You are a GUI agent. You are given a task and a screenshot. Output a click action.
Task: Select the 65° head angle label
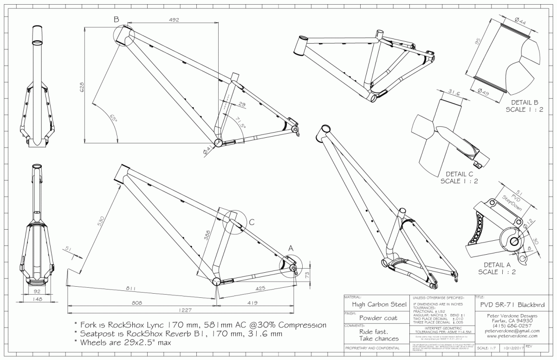coord(112,119)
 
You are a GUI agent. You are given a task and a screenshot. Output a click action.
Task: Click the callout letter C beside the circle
coord(251,223)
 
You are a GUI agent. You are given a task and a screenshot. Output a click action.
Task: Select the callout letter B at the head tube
coord(116,19)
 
